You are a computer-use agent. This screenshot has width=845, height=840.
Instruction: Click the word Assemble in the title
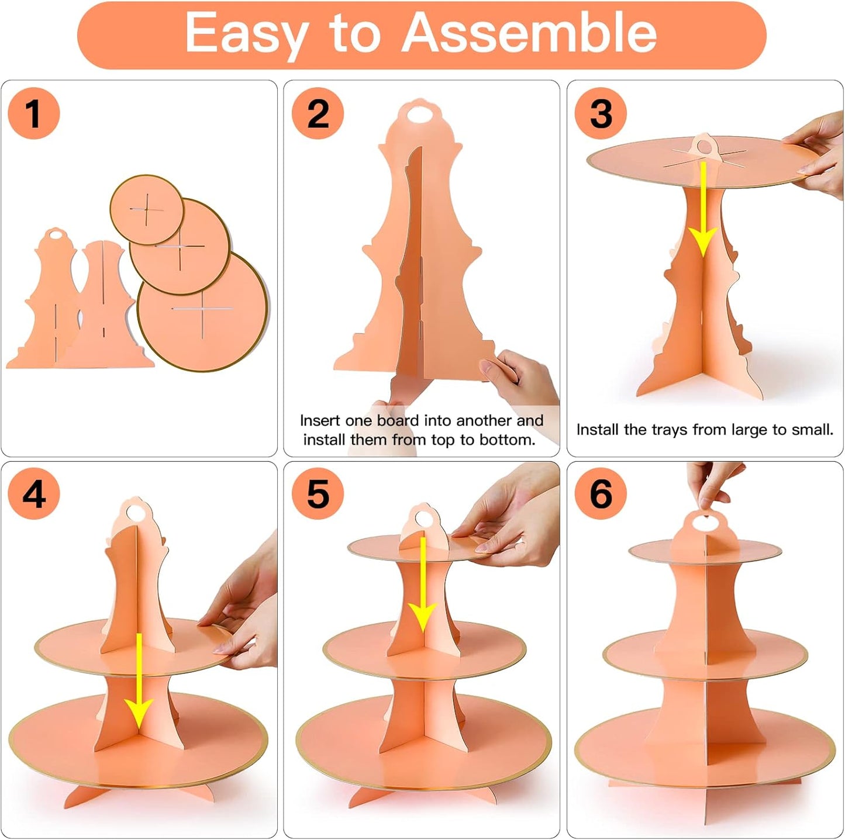[x=529, y=33]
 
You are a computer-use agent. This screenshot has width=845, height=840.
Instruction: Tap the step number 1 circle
[x=34, y=113]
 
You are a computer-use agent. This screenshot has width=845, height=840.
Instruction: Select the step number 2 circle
[x=318, y=113]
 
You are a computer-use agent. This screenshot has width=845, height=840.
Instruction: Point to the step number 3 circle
[x=601, y=113]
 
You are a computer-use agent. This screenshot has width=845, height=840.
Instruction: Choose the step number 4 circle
[x=34, y=493]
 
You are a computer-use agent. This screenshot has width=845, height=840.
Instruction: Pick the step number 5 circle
[x=318, y=493]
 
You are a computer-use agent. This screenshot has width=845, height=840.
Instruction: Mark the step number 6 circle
[x=601, y=493]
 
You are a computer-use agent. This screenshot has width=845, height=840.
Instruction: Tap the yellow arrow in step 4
[x=139, y=681]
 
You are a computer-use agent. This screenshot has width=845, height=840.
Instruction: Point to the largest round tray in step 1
[x=202, y=310]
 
